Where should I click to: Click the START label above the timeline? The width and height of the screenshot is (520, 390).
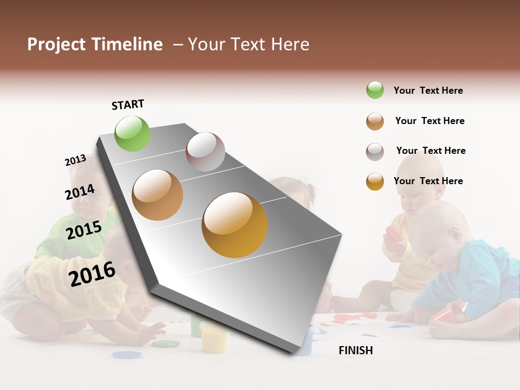[128, 105]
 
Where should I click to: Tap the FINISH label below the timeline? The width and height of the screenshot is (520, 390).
[355, 350]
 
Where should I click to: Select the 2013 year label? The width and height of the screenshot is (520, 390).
[75, 160]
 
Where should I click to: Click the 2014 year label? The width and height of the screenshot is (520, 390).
[80, 192]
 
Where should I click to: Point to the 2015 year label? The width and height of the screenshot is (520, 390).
[84, 230]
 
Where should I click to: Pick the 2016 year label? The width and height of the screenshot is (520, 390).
[92, 274]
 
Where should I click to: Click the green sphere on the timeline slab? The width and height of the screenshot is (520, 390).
[132, 133]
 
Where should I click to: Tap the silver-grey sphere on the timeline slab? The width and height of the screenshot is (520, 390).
[205, 151]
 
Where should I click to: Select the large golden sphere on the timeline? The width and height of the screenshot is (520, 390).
[235, 225]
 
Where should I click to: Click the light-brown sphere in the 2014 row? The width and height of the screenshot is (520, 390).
[157, 194]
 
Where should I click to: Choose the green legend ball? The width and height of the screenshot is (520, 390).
[375, 90]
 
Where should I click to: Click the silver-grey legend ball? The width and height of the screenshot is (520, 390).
[375, 152]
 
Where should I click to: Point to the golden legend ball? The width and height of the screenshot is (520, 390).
[375, 181]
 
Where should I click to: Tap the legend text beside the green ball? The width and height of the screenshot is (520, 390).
[428, 90]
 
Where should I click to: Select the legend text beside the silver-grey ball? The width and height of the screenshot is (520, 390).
[431, 151]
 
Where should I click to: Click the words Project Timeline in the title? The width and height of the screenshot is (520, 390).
[95, 44]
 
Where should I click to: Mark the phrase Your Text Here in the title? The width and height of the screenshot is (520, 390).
[248, 44]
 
